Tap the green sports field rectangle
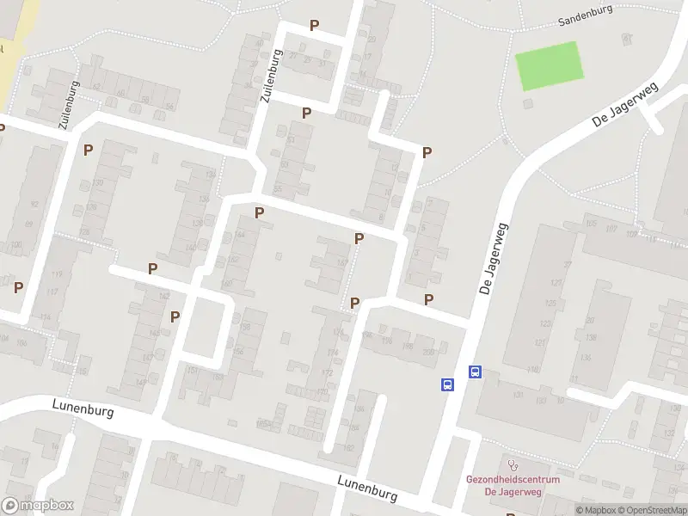coord(549,65)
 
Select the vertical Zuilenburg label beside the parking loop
coord(271,76)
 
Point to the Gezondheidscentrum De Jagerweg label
coord(513,485)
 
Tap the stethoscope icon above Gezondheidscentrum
coord(514,464)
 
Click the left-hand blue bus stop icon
coord(448,385)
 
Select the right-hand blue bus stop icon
coord(475,372)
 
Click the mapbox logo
coord(38,506)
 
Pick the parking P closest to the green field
coord(427,152)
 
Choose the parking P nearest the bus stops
coord(428,299)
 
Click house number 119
coord(58,274)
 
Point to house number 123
coord(544,324)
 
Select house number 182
coord(348,448)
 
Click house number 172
coord(327,373)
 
